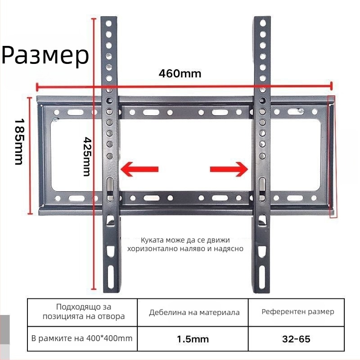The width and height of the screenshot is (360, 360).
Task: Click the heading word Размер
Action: tap(45, 55)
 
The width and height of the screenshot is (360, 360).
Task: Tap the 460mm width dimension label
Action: tap(180, 73)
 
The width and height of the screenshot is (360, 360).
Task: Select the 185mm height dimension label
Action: tap(19, 141)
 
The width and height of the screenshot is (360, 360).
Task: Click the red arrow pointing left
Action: tap(139, 169)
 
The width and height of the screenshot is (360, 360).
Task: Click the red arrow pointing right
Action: tap(229, 169)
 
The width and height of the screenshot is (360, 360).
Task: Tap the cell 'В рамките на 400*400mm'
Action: tap(82, 337)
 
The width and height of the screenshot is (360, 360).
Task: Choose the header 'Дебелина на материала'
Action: tap(194, 312)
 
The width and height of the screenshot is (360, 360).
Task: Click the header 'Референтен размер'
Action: tap(297, 311)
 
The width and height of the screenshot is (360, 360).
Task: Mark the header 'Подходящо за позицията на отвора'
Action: tap(82, 311)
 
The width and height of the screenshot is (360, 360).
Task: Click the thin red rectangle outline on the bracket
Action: tap(333, 157)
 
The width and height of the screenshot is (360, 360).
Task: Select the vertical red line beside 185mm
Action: tap(31, 155)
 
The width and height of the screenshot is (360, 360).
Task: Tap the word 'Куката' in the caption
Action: tap(151, 240)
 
